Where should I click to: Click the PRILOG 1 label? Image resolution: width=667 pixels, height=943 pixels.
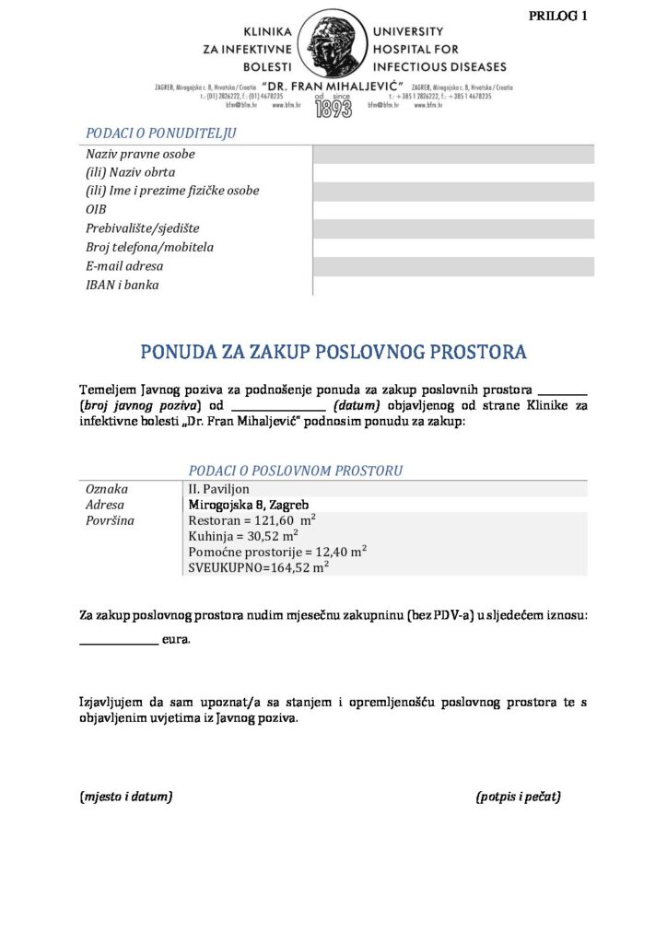557,16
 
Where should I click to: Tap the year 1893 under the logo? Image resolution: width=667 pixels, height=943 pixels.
333,110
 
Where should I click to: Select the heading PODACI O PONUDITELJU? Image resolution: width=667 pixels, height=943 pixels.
161,134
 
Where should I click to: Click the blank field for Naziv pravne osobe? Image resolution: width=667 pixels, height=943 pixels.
453,154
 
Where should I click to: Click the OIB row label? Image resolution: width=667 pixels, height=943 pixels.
97,210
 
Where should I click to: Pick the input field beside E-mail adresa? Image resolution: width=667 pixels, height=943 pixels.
453,266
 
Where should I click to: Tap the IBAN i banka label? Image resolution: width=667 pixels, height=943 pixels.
123,285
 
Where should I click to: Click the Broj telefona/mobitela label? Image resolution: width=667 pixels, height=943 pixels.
150,248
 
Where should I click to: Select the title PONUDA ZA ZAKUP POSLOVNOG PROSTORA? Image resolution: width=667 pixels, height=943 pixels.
333,352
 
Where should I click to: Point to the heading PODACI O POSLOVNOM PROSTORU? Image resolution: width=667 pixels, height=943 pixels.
296,471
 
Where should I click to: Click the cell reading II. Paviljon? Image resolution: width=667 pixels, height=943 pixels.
219,489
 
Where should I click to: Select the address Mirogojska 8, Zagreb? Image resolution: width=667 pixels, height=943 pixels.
249,505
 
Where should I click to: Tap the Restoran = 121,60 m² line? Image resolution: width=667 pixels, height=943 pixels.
252,520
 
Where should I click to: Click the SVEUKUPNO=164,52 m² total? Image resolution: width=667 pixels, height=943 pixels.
259,567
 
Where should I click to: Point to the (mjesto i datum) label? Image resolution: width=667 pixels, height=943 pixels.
126,796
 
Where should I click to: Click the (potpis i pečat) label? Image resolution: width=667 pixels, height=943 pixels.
519,796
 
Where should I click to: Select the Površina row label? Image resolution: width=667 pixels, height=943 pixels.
110,520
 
